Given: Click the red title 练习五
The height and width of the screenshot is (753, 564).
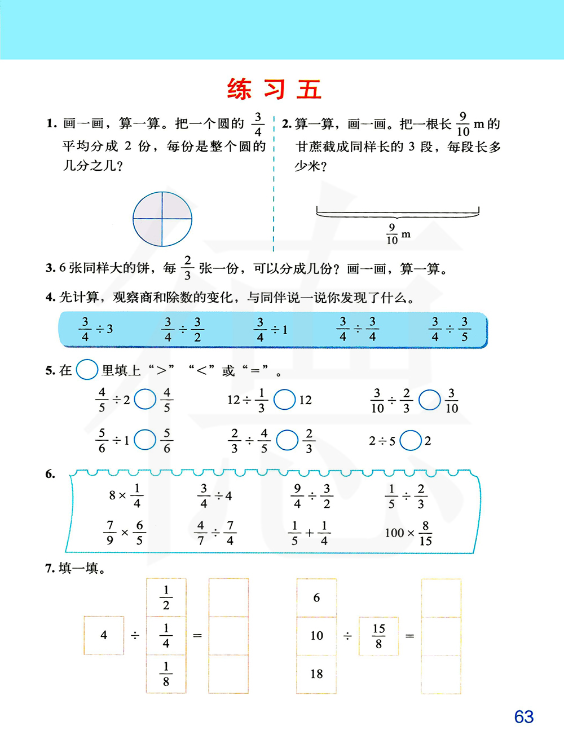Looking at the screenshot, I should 274,90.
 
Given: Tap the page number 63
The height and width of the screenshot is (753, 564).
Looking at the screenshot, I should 523,716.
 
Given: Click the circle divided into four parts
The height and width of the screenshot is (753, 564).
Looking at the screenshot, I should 162,219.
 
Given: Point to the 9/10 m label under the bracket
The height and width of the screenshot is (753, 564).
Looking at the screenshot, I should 398,234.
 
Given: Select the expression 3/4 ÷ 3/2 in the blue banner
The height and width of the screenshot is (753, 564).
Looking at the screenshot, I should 182,330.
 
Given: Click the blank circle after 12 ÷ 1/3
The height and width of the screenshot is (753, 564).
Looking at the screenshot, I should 284,400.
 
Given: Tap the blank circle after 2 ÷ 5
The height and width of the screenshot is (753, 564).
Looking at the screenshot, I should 411,441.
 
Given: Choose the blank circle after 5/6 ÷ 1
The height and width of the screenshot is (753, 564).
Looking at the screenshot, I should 145,440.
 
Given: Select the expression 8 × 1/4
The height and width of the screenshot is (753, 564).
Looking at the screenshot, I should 126,496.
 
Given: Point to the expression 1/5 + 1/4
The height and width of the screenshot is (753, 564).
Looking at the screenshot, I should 309,533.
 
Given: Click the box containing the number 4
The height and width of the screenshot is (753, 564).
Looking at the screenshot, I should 104,635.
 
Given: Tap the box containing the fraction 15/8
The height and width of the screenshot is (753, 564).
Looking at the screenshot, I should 378,636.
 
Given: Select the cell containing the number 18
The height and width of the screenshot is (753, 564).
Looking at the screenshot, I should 316,674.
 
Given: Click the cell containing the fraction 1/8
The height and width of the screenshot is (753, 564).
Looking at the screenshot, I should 166,674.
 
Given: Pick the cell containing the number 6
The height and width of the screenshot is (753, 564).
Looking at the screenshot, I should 316,597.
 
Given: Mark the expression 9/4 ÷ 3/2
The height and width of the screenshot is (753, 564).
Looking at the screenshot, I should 312,496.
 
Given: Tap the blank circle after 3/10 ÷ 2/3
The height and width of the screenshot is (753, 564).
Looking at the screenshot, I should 430,400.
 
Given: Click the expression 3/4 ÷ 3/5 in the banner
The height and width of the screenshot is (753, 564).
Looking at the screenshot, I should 450,330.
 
